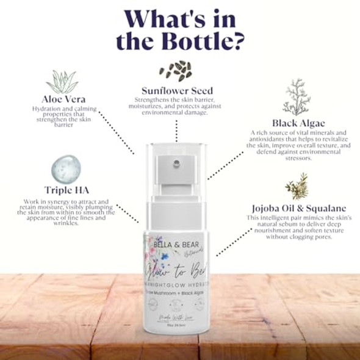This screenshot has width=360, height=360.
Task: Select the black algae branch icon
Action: (x=297, y=96)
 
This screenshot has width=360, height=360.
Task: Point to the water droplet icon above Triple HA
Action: (x=63, y=168)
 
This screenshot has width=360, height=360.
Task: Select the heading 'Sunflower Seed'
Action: (x=176, y=90)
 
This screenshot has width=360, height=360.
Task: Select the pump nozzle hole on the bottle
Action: (x=176, y=163)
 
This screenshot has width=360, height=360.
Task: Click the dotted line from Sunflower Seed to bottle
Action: (x=176, y=129)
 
